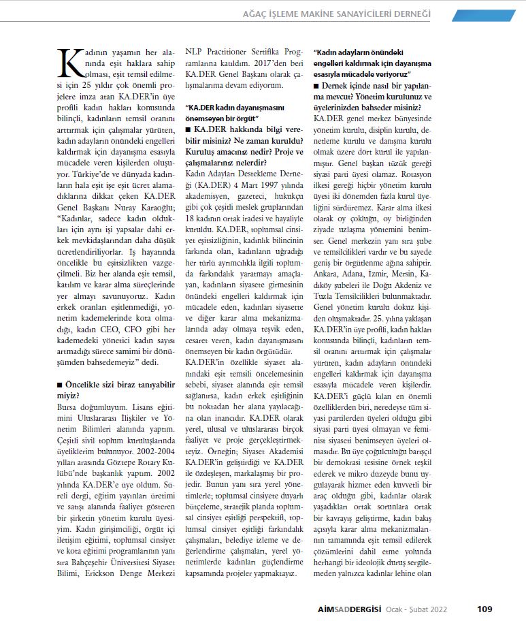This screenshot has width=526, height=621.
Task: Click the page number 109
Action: coord(484,609)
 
